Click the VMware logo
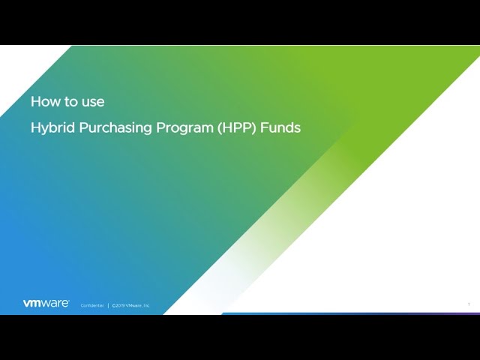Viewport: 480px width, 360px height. click(x=46, y=304)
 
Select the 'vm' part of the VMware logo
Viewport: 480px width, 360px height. click(x=31, y=304)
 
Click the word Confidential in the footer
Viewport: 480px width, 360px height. click(x=92, y=305)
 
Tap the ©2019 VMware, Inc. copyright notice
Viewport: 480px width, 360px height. click(x=131, y=305)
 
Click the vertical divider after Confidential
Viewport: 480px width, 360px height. click(x=108, y=305)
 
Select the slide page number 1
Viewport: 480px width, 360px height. click(x=469, y=304)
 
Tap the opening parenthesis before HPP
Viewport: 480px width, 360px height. click(x=220, y=127)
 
